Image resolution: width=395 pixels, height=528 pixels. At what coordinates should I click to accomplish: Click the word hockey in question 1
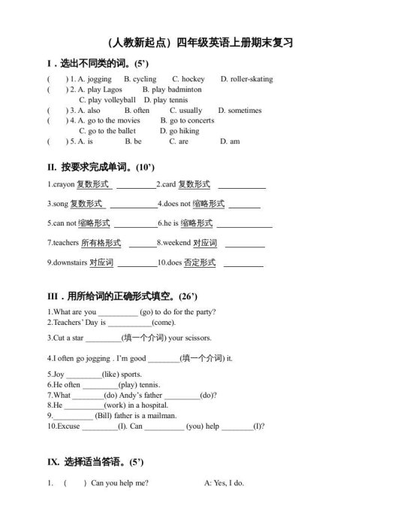pyautogui.click(x=193, y=79)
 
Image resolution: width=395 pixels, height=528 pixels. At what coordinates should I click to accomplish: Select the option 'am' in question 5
pyautogui.click(x=234, y=141)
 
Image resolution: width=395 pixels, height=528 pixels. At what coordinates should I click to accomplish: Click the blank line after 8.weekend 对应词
pyautogui.click(x=245, y=244)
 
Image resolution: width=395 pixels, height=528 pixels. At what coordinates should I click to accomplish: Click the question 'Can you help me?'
pyautogui.click(x=119, y=483)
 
